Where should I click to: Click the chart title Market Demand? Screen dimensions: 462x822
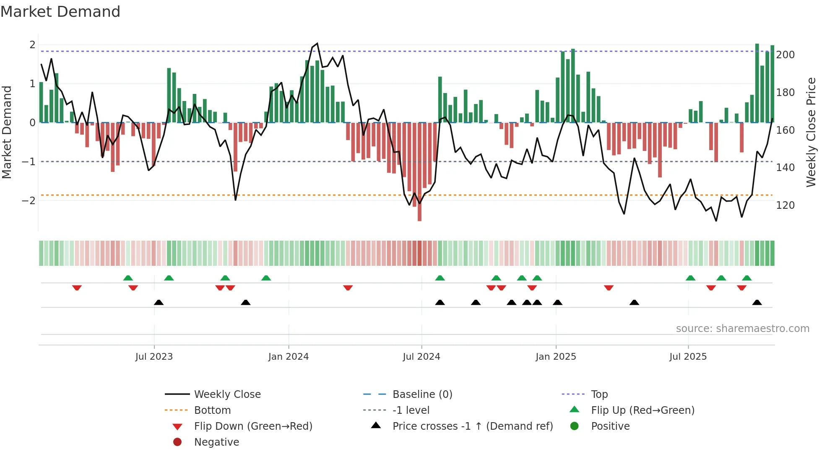[x=60, y=12]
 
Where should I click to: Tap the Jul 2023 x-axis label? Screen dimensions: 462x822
[x=154, y=357]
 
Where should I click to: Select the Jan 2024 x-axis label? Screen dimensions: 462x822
[x=289, y=357]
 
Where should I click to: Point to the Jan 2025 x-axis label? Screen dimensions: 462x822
[x=556, y=357]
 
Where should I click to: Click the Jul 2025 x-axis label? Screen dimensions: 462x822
[x=688, y=357]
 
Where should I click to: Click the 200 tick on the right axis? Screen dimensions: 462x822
[x=785, y=55]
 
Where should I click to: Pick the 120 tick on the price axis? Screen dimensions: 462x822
[x=785, y=205]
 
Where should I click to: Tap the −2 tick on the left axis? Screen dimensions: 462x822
[x=29, y=201]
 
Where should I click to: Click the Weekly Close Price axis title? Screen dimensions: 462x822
[x=811, y=132]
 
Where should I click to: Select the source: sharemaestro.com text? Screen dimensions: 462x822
[x=742, y=329]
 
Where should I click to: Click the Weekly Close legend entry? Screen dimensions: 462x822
[x=227, y=395]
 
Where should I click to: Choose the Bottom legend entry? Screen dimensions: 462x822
[x=212, y=410]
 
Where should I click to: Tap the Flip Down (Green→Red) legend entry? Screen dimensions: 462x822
[x=253, y=426]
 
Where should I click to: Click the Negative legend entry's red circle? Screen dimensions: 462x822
[x=177, y=442]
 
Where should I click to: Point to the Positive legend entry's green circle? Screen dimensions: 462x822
[x=575, y=426]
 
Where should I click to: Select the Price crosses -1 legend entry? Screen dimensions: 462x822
[x=472, y=426]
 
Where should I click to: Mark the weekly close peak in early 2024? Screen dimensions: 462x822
[x=317, y=44]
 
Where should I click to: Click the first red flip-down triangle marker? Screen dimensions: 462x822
[x=77, y=288]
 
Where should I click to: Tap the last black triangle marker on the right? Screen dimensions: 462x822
[x=757, y=302]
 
